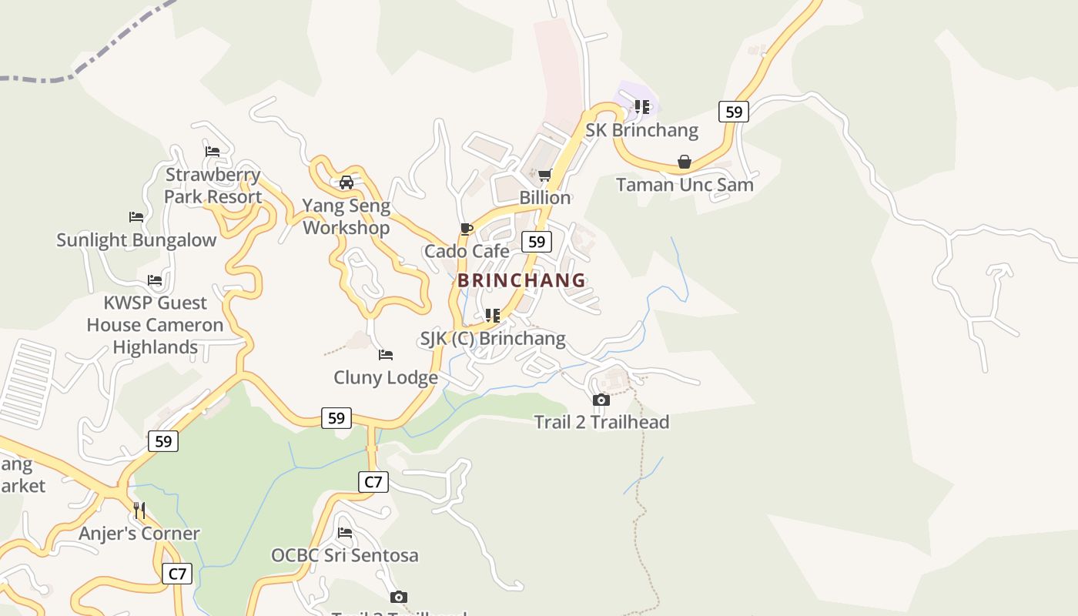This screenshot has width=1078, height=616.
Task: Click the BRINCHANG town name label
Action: [x=521, y=280]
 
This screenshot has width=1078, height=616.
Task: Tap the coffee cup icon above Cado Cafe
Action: [x=466, y=229]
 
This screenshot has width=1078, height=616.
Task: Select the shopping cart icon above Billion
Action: [x=545, y=175]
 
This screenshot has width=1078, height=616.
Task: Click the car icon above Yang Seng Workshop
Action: [x=346, y=182]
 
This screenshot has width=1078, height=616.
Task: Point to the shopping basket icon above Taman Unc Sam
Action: [x=684, y=162]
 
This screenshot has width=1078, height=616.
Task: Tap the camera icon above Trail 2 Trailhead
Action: [x=601, y=400]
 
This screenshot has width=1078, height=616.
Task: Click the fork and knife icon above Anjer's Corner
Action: [x=139, y=510]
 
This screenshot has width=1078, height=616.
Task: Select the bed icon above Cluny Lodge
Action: [x=386, y=355]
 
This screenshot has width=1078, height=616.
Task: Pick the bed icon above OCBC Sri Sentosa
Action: [x=345, y=532]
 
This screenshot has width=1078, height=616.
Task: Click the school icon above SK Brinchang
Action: [x=642, y=107]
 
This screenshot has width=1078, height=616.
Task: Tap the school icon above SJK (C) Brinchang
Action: [x=493, y=316]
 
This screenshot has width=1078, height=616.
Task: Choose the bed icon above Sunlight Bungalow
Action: [x=136, y=217]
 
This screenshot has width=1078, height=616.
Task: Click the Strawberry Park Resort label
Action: [x=213, y=186]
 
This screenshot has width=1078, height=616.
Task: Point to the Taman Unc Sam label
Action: [x=685, y=185]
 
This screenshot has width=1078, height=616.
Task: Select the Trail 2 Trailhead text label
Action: [x=601, y=422]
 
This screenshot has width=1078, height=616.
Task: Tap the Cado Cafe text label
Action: [x=467, y=251]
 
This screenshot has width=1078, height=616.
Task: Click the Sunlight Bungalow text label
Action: [x=136, y=240]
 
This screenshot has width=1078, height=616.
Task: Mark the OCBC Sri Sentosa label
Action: [x=345, y=555]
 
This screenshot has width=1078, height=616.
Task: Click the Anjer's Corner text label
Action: [x=139, y=533]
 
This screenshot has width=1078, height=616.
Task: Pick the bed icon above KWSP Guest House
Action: [x=155, y=280]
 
